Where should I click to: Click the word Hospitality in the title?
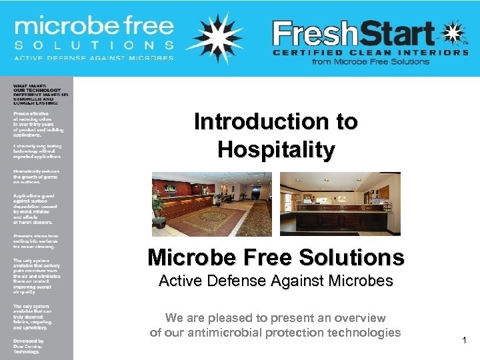(276, 150)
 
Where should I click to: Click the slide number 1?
(465, 341)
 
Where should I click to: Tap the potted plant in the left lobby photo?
(158, 203)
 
